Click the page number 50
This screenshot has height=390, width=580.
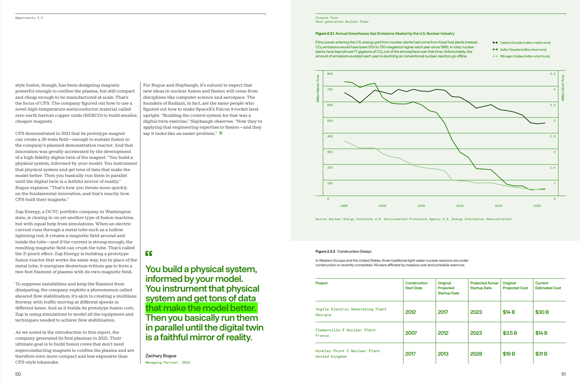[18, 374]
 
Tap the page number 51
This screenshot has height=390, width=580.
[563, 374]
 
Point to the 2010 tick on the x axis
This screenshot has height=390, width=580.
[460, 206]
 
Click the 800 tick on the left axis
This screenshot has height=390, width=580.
[330, 74]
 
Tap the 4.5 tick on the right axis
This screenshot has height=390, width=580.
[553, 74]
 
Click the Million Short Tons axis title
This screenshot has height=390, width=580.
[563, 88]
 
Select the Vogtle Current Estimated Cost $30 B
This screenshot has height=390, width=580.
[542, 312]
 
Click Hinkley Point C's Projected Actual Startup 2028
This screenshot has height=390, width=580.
[476, 354]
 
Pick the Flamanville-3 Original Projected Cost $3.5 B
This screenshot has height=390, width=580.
[509, 333]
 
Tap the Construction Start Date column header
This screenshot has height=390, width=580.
[416, 285]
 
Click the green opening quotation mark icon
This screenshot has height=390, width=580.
[149, 253]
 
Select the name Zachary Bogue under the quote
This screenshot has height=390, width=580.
[161, 356]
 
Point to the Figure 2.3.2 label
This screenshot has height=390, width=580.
[325, 251]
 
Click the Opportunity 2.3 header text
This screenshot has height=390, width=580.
[29, 18]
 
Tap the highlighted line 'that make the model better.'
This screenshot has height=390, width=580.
[201, 308]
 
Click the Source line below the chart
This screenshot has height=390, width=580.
[413, 219]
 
